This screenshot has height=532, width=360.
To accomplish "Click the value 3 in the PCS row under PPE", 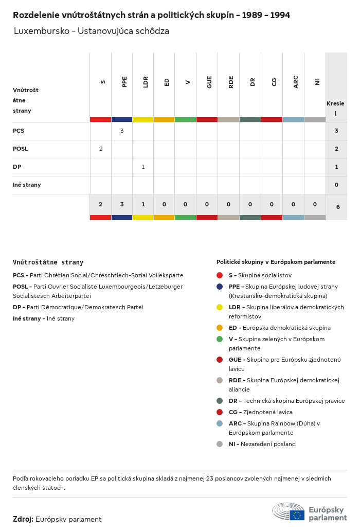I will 122,131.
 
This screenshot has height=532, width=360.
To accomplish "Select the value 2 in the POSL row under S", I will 101,149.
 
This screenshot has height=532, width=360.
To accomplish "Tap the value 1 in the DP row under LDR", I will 143,167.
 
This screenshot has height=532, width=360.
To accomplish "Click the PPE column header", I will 124,82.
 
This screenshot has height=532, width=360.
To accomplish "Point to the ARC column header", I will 296,82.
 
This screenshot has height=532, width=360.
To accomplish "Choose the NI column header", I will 317,82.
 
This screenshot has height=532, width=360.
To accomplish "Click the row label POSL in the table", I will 21,149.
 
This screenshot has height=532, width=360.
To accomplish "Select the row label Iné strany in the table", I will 27,185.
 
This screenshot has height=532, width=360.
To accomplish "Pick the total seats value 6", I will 338,207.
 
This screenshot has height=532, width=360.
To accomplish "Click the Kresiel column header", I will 335,108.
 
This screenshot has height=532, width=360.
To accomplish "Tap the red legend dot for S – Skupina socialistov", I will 220,275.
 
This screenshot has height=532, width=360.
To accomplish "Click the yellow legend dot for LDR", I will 220,307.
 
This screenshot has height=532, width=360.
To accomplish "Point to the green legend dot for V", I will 220,339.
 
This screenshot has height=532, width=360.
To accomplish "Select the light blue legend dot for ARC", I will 220,423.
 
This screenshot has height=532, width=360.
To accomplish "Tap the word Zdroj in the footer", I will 23,519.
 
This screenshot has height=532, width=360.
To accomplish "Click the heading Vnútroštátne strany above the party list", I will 48,262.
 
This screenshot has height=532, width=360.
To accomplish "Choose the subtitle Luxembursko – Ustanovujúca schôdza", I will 92,31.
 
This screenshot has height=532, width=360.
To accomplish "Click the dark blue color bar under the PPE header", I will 122,119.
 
